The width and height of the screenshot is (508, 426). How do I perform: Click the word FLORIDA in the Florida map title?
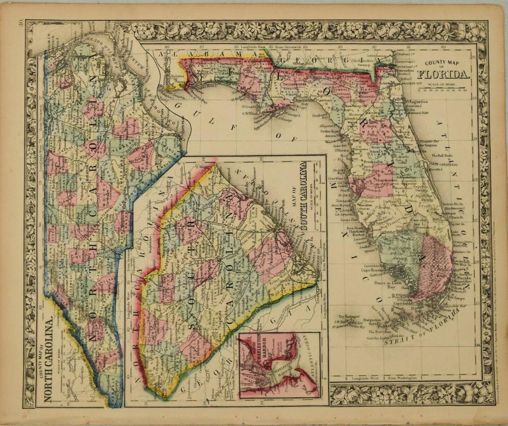444,75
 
